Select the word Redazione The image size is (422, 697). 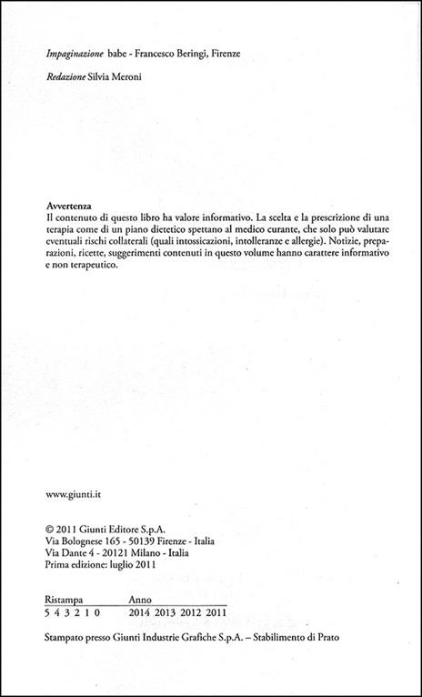coord(67,78)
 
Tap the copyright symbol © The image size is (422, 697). coord(49,526)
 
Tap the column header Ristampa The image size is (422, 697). coord(65,601)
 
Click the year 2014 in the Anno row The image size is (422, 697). coord(141,614)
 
